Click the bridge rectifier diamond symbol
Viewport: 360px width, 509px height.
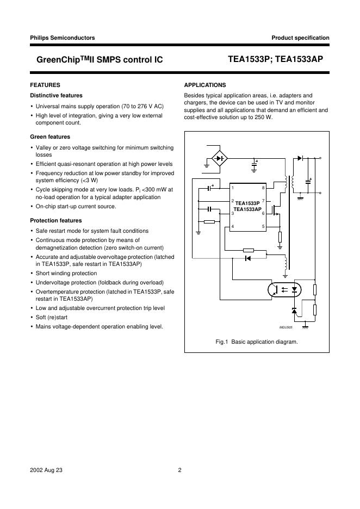[220, 159]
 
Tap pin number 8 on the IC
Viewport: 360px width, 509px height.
[263, 188]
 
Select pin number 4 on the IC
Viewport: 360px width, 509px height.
[233, 226]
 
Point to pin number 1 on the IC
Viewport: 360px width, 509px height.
[233, 188]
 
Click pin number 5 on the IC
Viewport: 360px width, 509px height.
[263, 226]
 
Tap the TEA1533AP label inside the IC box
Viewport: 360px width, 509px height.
[247, 209]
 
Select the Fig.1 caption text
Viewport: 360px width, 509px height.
[257, 342]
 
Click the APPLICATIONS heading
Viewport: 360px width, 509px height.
[205, 85]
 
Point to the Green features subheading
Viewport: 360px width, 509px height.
[49, 136]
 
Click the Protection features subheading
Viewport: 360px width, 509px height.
[55, 220]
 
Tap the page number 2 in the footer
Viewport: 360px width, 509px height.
[179, 471]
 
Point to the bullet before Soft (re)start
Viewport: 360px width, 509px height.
[32, 316]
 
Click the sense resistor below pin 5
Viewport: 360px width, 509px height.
[280, 237]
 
